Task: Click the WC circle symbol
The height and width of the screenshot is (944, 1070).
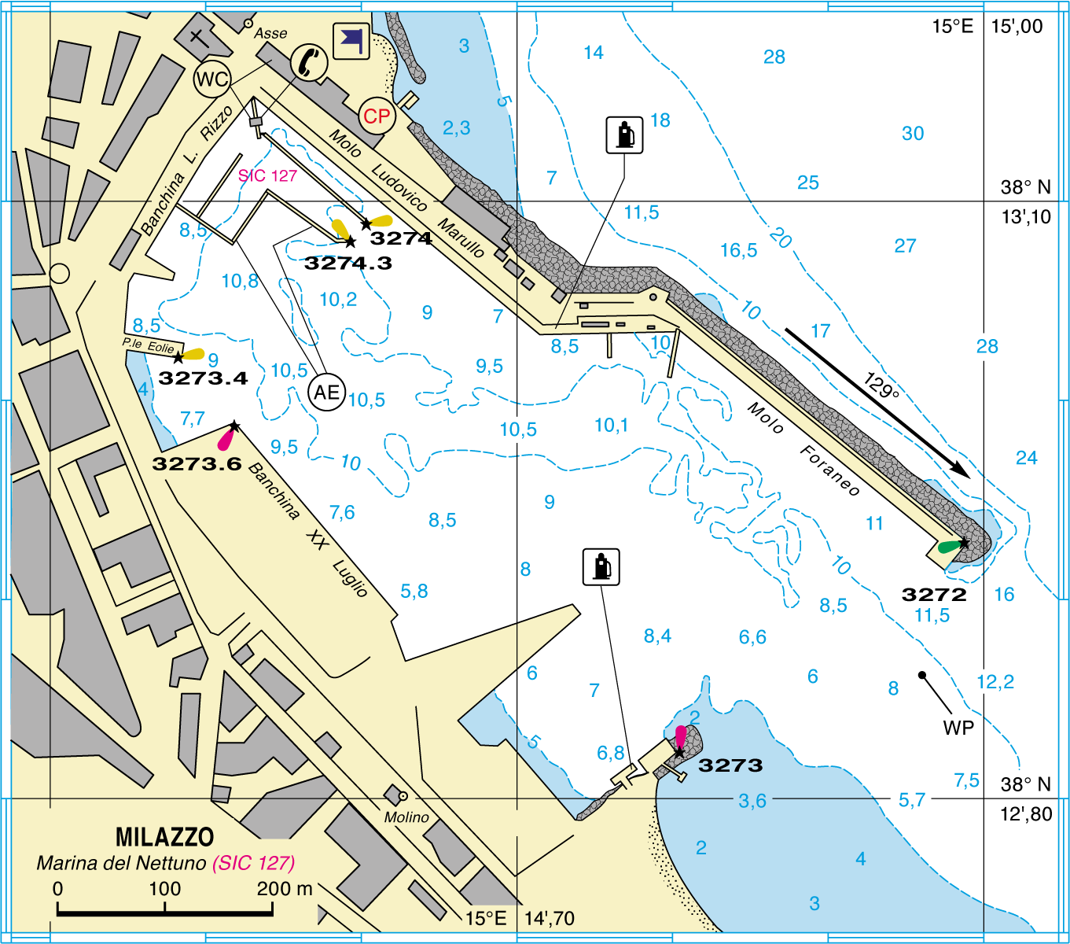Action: pyautogui.click(x=211, y=79)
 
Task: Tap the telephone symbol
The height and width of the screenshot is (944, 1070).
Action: pyautogui.click(x=309, y=61)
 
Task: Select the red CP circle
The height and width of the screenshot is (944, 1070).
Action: pyautogui.click(x=377, y=116)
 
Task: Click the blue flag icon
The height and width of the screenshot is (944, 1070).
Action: pyautogui.click(x=351, y=41)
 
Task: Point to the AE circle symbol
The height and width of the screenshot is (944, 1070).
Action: pyautogui.click(x=327, y=392)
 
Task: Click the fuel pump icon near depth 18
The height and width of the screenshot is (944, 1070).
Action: pyautogui.click(x=625, y=135)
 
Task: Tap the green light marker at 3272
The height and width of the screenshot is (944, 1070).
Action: pyautogui.click(x=950, y=546)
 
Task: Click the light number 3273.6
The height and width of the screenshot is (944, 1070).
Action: pyautogui.click(x=197, y=463)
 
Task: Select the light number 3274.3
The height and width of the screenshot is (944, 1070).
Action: pyautogui.click(x=347, y=263)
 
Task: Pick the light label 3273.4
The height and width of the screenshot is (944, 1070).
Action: pyautogui.click(x=203, y=378)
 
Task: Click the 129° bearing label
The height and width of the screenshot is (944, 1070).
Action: pyautogui.click(x=881, y=385)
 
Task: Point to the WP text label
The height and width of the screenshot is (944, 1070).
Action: pyautogui.click(x=958, y=728)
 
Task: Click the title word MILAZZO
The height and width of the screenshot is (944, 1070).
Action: pyautogui.click(x=164, y=836)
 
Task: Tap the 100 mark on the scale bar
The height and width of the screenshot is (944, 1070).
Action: pyautogui.click(x=165, y=889)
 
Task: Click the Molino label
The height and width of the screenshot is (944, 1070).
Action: pyautogui.click(x=406, y=817)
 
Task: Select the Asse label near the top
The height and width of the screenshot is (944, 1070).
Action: pyautogui.click(x=270, y=33)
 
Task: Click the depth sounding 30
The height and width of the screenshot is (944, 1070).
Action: pyautogui.click(x=913, y=134)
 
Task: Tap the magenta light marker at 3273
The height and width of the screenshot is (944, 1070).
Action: pyautogui.click(x=681, y=736)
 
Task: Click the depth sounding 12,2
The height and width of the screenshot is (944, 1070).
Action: pyautogui.click(x=995, y=682)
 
